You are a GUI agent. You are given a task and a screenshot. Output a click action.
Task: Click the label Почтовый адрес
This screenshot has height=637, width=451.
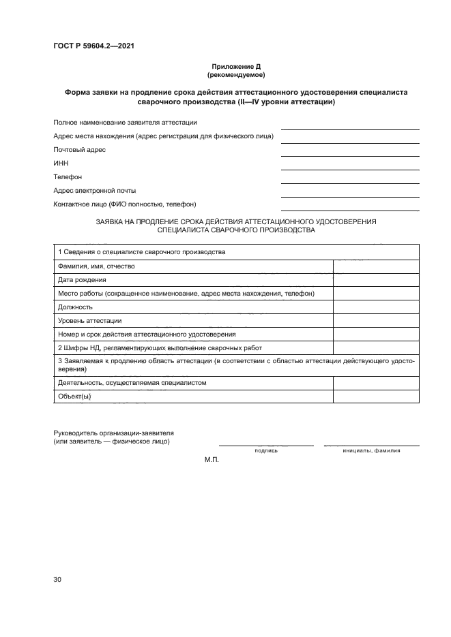(x=79, y=149)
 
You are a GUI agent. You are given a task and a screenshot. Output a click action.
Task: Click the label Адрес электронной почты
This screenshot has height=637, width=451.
(x=94, y=190)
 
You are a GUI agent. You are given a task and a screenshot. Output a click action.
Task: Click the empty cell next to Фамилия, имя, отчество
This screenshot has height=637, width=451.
(x=376, y=266)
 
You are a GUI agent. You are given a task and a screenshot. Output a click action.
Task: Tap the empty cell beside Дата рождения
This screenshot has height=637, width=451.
(x=376, y=279)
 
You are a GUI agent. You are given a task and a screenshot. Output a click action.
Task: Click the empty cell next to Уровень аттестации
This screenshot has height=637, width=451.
(x=376, y=320)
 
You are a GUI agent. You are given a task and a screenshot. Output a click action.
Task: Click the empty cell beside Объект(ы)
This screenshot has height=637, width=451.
(x=376, y=396)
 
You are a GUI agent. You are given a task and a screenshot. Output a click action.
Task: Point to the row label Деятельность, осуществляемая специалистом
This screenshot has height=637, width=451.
(x=132, y=382)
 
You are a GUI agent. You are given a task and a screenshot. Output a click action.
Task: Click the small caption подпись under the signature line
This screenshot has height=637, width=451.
(x=266, y=451)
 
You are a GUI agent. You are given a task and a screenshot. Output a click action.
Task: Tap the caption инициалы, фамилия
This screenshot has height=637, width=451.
(x=372, y=451)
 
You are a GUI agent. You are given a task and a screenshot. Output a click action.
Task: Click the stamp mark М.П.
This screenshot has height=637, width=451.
(x=211, y=461)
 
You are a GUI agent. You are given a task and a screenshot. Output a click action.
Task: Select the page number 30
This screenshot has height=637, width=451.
(x=57, y=580)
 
